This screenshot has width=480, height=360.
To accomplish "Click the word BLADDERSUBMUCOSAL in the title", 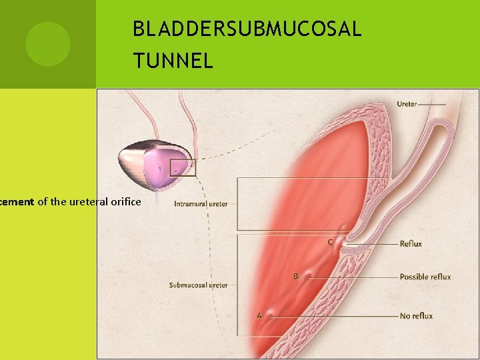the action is [247, 29].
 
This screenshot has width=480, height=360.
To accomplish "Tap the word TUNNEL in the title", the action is [173, 61].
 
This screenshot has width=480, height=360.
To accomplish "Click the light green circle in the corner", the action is [47, 44].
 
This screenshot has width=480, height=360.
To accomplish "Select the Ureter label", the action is [407, 104].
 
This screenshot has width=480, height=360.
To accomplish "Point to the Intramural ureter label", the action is [201, 204].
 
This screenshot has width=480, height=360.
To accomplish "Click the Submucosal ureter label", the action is [198, 285].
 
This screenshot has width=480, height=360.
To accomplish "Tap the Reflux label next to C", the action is [411, 244].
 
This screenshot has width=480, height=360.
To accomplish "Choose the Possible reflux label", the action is [425, 277].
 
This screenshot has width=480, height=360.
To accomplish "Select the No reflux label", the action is [416, 316].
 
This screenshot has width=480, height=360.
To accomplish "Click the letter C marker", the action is [330, 242].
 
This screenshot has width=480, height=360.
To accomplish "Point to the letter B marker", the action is [295, 276].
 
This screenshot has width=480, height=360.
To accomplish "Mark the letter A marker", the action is [259, 315].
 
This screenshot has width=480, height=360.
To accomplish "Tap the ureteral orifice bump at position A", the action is [270, 313].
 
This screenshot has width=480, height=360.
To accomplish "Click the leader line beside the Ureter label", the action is [433, 104].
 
